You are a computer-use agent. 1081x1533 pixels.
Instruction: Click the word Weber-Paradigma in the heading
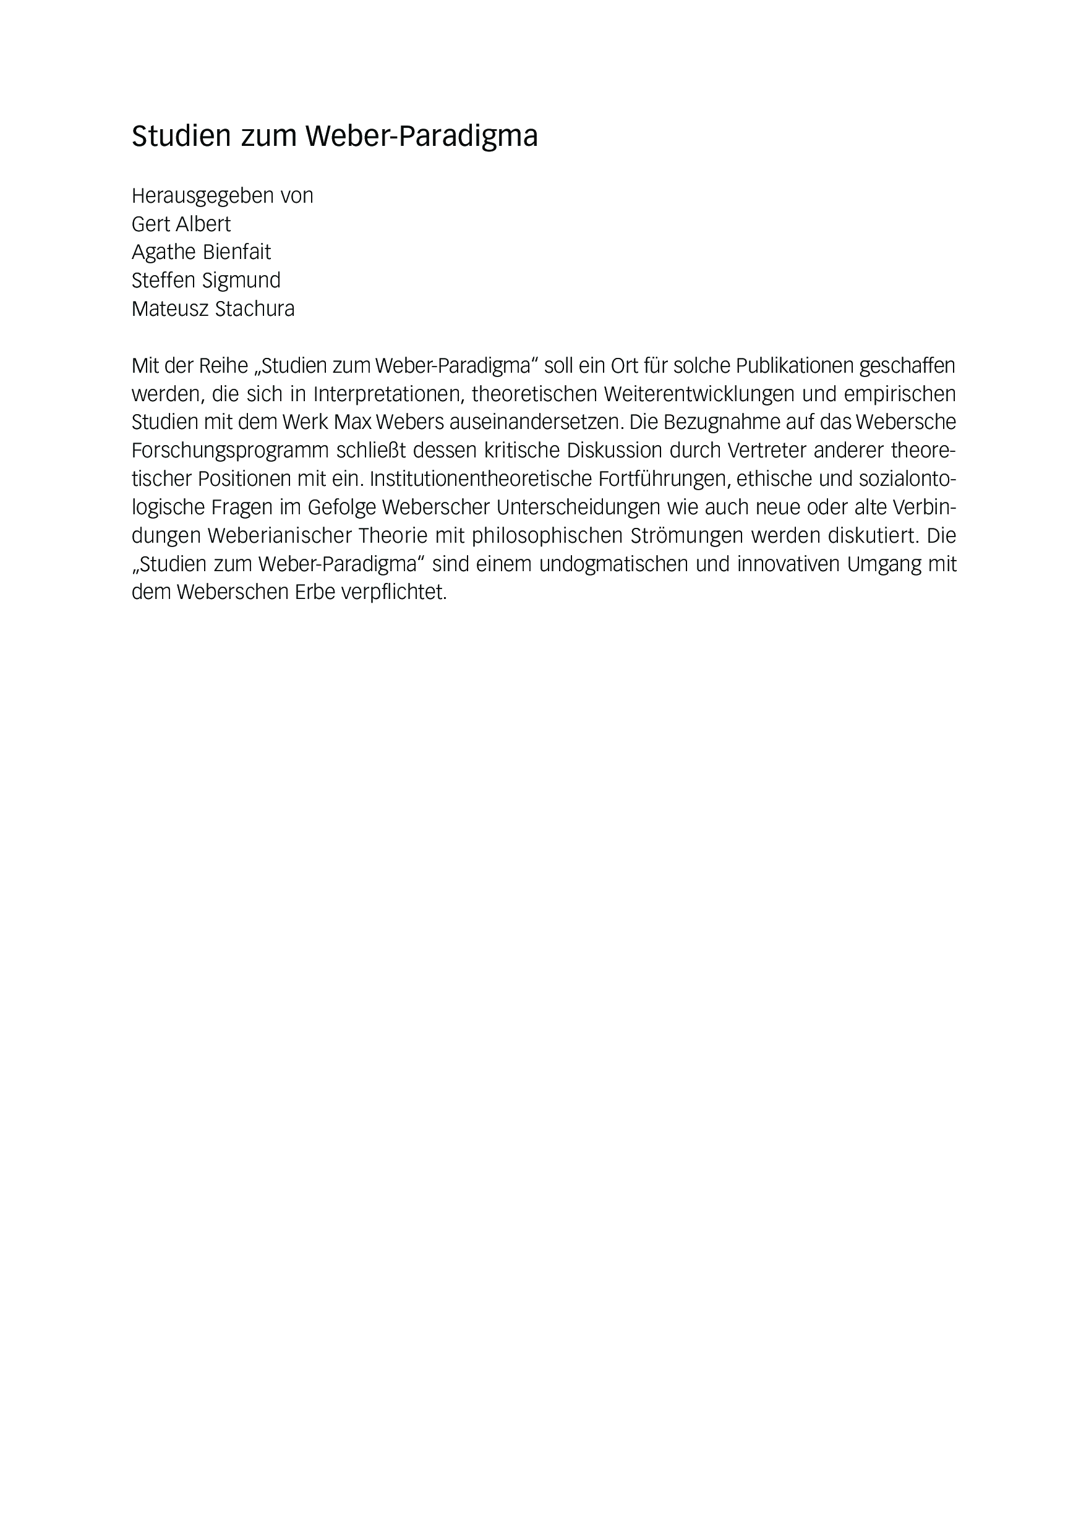coord(422,137)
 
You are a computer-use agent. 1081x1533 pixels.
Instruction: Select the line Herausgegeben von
coord(222,195)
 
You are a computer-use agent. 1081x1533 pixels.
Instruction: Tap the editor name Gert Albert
coord(181,224)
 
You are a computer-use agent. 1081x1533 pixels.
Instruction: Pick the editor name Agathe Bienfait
coord(201,252)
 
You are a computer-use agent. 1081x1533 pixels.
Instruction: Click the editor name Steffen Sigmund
coord(206,281)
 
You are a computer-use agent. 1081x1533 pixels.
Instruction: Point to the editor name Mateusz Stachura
coord(213,309)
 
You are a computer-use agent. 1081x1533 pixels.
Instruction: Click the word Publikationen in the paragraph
coord(795,366)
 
